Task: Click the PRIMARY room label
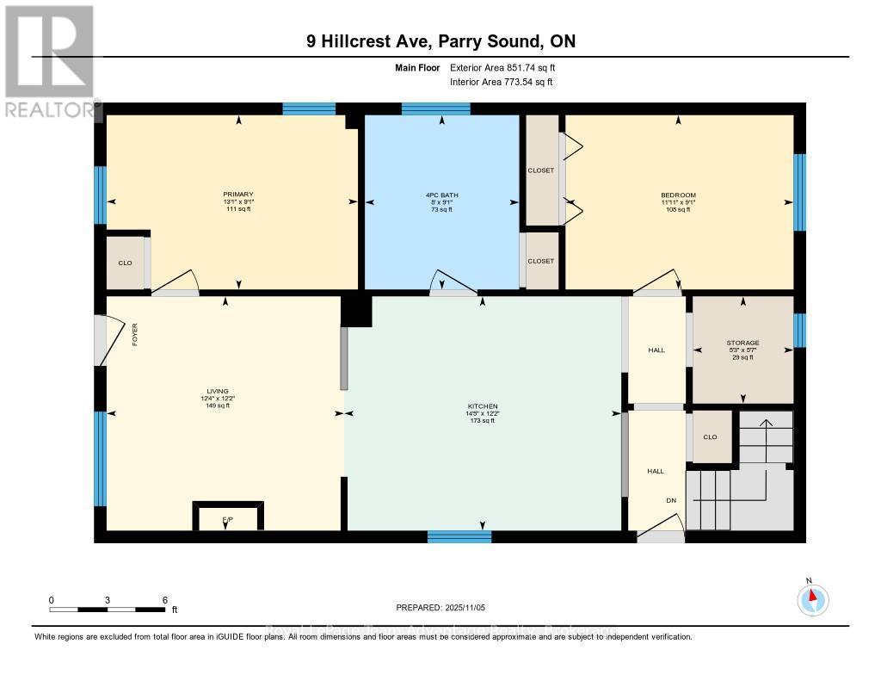[238, 195]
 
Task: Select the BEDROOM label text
[678, 195]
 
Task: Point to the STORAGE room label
[742, 343]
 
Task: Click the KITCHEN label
[482, 406]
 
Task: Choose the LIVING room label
[217, 391]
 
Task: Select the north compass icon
[812, 597]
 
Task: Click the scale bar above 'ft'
[108, 610]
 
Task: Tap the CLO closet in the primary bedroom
[126, 263]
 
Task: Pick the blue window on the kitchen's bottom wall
[459, 536]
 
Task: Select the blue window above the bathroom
[435, 108]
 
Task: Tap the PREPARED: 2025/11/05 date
[440, 608]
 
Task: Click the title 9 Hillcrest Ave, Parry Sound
[440, 41]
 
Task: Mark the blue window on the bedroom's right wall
[799, 193]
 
